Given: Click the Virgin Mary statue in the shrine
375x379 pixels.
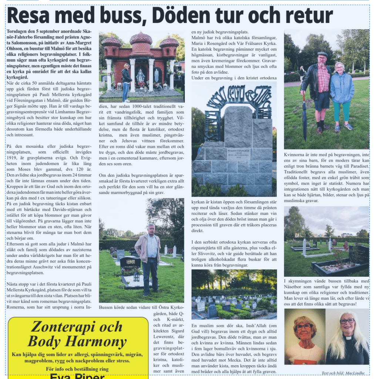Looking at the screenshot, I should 140,76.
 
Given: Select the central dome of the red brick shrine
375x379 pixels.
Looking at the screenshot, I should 141,41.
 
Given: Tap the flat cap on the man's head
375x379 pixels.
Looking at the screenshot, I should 322,54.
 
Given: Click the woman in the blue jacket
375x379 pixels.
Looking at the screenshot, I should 342,94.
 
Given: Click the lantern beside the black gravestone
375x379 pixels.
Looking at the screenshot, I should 137,275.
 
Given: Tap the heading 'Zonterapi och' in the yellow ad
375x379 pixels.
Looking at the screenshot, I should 76,326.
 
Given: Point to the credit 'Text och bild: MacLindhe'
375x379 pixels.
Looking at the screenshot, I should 343,373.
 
